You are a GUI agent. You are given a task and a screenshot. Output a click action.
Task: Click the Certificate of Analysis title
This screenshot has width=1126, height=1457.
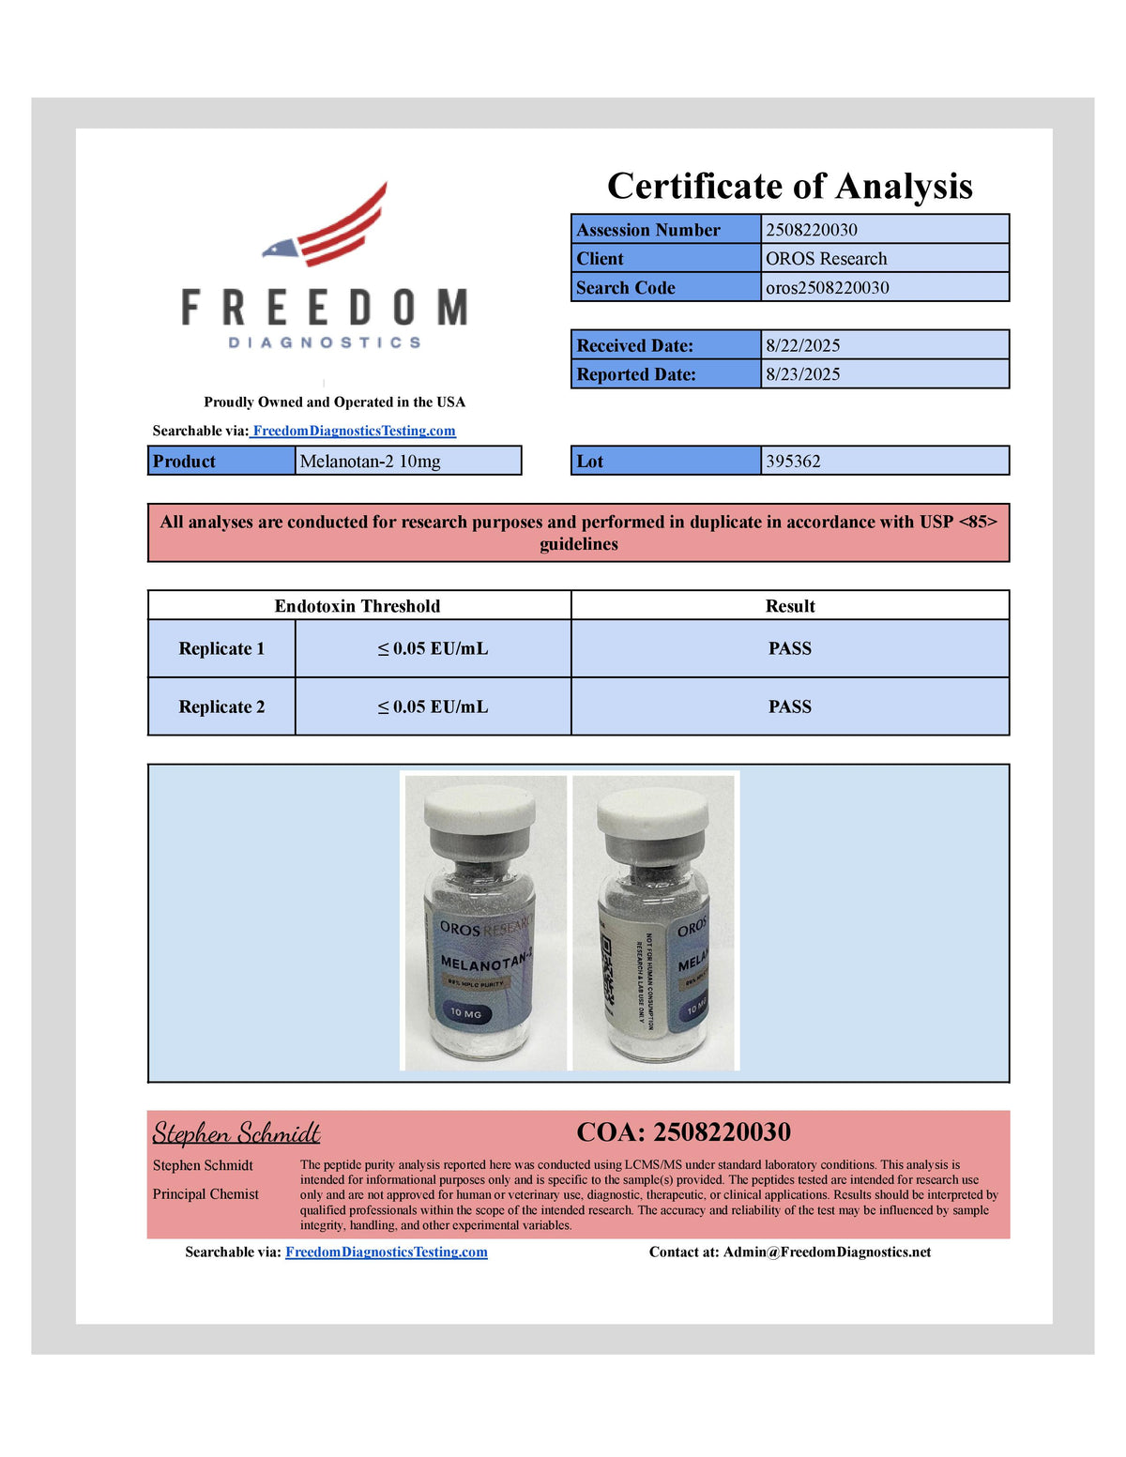click(789, 186)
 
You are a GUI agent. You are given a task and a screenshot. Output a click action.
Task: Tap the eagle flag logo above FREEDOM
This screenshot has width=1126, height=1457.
click(326, 225)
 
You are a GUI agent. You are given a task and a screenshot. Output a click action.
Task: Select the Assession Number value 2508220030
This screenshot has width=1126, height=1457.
click(812, 230)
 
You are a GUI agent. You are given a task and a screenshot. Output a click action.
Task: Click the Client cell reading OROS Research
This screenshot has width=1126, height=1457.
click(826, 259)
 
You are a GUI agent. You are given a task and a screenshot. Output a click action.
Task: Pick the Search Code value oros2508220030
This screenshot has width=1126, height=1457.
click(827, 288)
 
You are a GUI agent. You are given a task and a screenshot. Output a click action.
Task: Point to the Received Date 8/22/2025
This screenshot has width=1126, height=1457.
click(802, 345)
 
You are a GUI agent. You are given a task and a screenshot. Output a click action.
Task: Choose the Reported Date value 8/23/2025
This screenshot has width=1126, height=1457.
click(802, 374)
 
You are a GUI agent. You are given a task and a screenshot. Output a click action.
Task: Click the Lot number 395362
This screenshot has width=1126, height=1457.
click(793, 462)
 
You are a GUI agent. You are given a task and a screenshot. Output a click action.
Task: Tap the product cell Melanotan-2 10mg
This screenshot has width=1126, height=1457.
click(370, 462)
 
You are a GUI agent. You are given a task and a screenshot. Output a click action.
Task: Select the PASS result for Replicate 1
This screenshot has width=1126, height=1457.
click(789, 648)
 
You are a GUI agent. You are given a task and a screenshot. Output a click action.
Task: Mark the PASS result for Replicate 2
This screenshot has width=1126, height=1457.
click(789, 706)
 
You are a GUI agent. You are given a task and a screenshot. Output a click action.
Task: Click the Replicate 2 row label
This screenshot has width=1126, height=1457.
click(221, 706)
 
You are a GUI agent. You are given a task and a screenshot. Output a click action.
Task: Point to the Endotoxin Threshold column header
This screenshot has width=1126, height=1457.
click(357, 606)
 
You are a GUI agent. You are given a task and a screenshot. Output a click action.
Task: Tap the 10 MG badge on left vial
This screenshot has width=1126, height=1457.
click(465, 1013)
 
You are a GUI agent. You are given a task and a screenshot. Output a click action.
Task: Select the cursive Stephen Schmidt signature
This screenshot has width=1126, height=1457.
click(236, 1133)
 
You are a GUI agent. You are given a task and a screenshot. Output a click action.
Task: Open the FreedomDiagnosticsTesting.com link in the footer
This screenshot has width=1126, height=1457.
click(386, 1252)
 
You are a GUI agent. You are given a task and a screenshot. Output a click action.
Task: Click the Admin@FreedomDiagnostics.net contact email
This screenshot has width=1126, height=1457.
click(827, 1252)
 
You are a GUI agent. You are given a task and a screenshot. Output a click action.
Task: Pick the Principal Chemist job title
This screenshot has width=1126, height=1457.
click(205, 1194)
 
